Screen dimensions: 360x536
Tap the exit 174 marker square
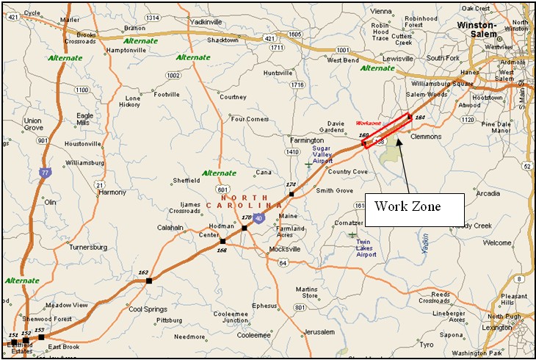(291, 194)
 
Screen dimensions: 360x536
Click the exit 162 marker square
(149, 280)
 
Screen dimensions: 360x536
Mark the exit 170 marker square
(244, 228)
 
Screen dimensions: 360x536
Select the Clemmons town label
(426, 137)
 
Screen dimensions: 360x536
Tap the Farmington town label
(306, 140)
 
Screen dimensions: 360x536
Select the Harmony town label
(112, 192)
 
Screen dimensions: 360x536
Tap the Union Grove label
(33, 124)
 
